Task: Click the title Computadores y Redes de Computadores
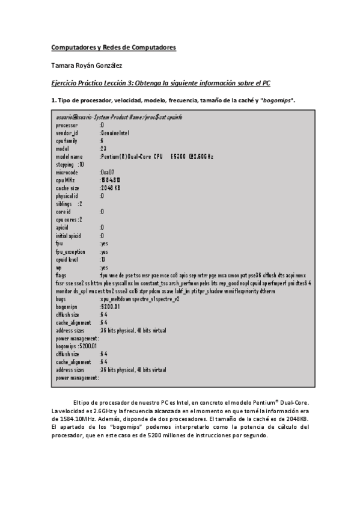click(x=113, y=47)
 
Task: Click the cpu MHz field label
click(x=65, y=180)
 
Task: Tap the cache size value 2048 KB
click(x=111, y=188)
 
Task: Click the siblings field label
click(x=65, y=204)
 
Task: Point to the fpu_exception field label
click(x=70, y=251)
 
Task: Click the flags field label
click(x=62, y=275)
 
